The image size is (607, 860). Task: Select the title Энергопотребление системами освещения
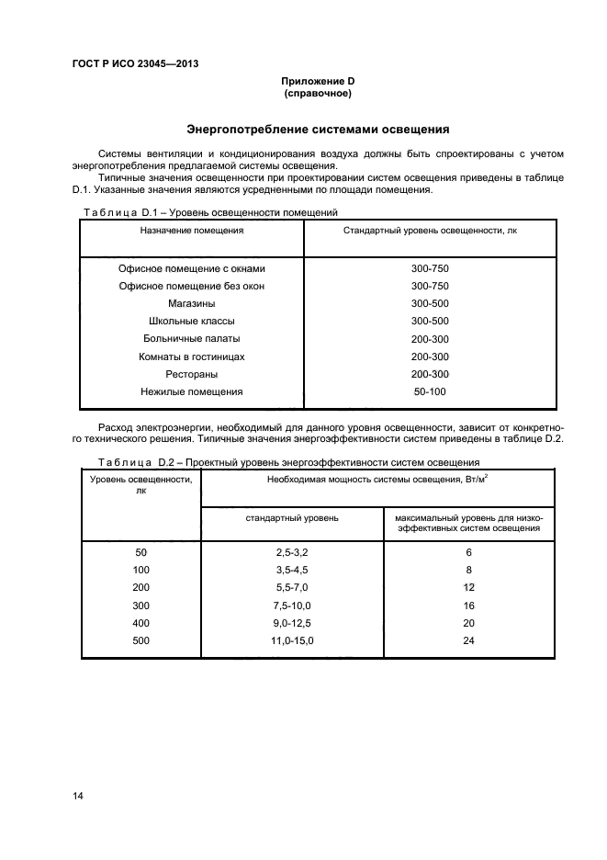pos(318,130)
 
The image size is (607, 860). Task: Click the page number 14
pos(78,796)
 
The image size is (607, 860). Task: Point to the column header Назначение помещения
pos(191,231)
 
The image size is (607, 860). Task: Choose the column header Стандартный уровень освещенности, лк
pos(430,231)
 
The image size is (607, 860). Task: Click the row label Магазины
pos(191,303)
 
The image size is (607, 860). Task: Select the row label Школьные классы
pos(191,321)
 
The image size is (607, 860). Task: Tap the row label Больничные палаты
pos(191,338)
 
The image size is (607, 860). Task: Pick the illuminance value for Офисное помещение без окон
pos(430,286)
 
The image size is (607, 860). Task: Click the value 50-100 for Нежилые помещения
pos(430,391)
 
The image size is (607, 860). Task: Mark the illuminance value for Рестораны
pos(430,374)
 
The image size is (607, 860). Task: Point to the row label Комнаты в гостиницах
pos(191,356)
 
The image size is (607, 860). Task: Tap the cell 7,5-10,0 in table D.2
pos(292,605)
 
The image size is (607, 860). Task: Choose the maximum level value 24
pos(468,640)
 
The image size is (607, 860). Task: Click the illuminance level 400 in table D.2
pos(141,623)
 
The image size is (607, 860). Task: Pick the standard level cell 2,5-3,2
pos(292,552)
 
